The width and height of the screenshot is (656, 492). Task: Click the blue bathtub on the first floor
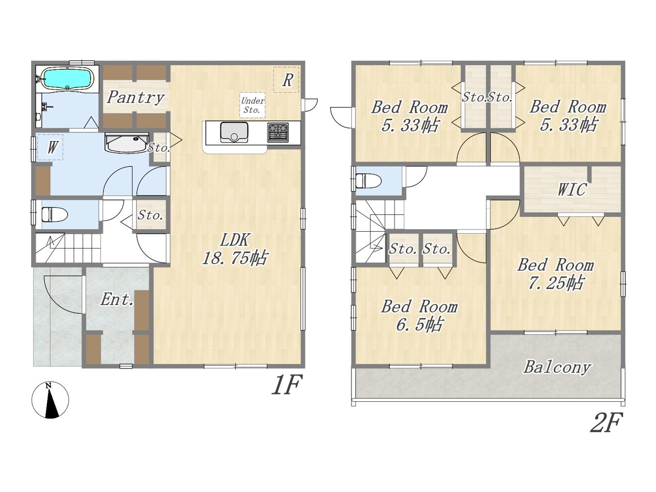click(67, 78)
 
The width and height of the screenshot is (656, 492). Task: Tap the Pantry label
click(136, 97)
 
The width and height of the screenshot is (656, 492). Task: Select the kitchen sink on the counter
click(234, 132)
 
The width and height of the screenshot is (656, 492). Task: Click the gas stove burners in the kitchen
click(278, 132)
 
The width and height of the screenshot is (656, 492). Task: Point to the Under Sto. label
click(253, 105)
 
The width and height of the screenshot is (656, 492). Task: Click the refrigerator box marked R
click(286, 80)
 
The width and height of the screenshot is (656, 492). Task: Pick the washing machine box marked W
click(50, 147)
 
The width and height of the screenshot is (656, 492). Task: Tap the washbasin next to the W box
click(127, 143)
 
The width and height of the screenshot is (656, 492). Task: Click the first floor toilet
click(54, 214)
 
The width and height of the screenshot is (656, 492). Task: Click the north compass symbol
click(50, 400)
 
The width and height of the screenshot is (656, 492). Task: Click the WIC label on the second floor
click(572, 190)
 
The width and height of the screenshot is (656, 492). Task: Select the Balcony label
click(557, 367)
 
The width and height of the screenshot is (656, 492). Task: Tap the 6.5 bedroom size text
click(419, 324)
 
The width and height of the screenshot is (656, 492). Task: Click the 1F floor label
click(286, 384)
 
